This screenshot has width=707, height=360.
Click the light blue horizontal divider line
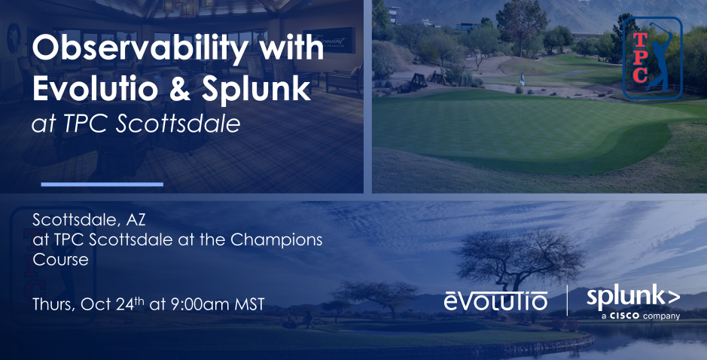tap(102, 184)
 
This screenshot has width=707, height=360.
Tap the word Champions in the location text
tap(285, 240)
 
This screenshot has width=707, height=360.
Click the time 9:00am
tap(203, 305)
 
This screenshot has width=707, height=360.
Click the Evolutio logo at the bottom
tap(495, 301)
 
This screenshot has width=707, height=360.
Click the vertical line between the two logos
tap(566, 301)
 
